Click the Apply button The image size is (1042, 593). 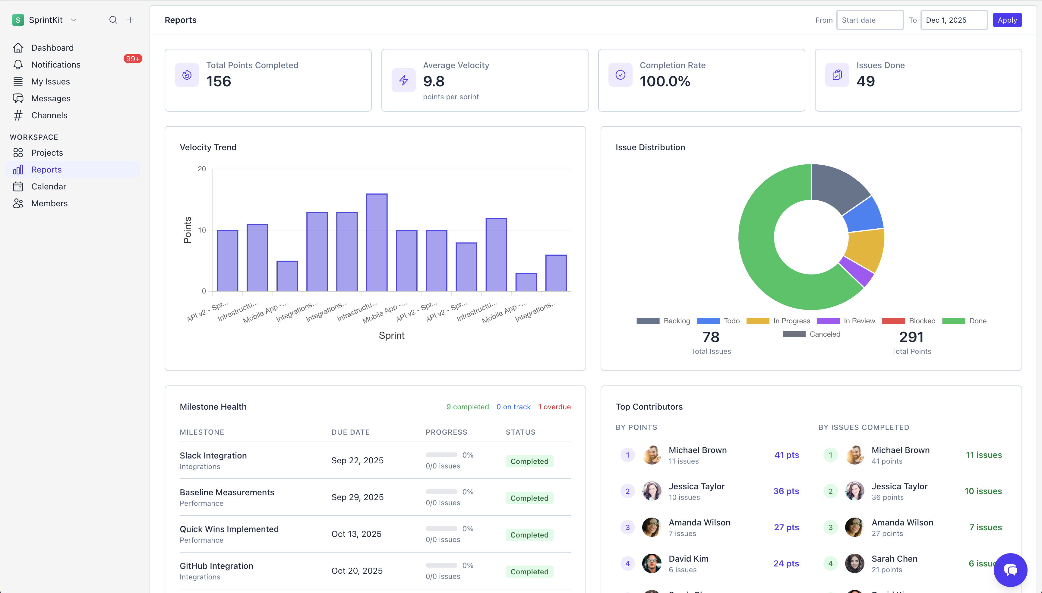[1007, 20]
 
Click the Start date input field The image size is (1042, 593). [870, 20]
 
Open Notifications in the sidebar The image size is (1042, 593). [56, 64]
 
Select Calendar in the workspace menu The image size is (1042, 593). [49, 186]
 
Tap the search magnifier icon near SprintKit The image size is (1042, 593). [113, 20]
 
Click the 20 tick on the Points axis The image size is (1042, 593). [202, 169]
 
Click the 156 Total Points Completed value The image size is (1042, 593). [219, 81]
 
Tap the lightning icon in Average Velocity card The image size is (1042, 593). [403, 80]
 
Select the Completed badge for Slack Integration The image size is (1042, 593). [529, 461]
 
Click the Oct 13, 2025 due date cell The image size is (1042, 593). [356, 534]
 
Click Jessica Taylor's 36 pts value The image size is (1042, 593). [786, 491]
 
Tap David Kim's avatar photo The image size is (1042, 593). [652, 563]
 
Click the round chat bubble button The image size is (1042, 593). [1010, 569]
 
